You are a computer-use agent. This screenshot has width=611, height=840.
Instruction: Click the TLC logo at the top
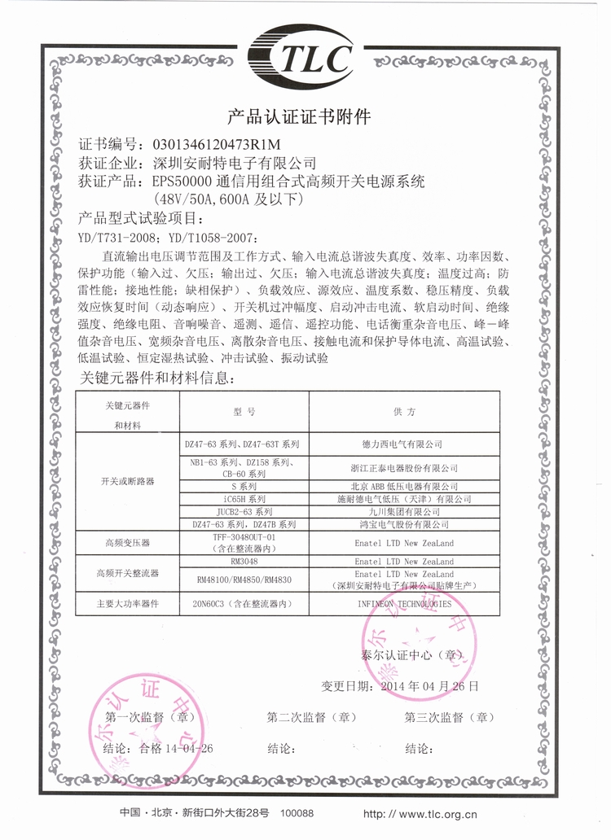pos(305,55)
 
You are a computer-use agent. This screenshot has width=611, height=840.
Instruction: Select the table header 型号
pos(244,413)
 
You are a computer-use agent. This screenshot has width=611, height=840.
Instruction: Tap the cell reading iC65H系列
pos(244,498)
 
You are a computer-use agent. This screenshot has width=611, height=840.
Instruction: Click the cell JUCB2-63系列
pos(244,512)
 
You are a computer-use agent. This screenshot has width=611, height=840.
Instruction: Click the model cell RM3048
pos(244,562)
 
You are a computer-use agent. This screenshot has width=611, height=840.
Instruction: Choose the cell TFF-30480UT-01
pos(244,538)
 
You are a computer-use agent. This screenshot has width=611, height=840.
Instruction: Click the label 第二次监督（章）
pos(312,717)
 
